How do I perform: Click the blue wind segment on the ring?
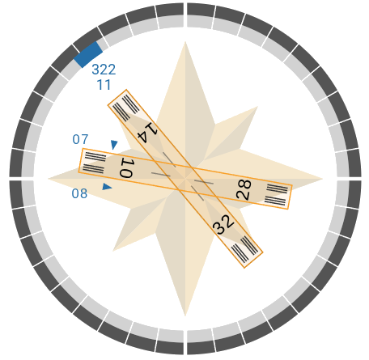88,54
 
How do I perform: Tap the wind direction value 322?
104,70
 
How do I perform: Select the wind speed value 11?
104,85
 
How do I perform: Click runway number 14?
147,132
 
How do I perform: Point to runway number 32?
223,225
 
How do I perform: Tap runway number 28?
244,190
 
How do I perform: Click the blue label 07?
80,139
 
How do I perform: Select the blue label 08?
79,193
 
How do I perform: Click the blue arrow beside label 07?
114,145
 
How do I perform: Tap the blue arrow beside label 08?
107,187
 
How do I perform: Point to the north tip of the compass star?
185,42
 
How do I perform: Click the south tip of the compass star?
185,316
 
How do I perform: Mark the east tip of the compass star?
322,179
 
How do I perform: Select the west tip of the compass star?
49,179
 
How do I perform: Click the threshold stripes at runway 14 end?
126,108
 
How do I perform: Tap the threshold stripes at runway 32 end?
245,249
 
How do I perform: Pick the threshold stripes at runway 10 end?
95,163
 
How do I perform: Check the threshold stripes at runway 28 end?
276,195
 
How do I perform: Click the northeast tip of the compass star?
257,107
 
